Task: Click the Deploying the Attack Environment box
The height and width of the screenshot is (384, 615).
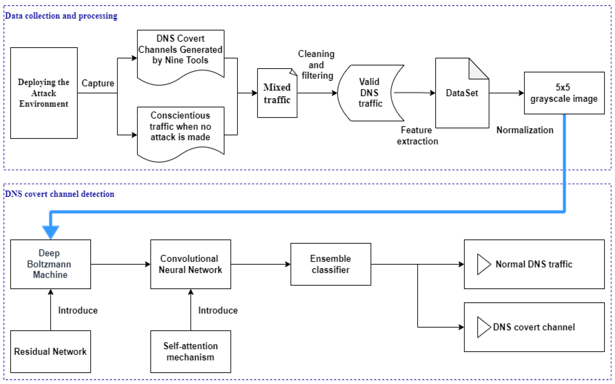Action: [44, 93]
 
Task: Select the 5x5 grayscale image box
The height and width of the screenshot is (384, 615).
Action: [564, 93]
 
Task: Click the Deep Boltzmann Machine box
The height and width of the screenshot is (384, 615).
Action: [50, 264]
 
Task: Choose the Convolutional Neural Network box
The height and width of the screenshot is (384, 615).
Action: [190, 264]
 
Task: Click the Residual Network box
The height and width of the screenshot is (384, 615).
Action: [50, 352]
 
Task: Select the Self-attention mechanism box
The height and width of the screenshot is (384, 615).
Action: [190, 352]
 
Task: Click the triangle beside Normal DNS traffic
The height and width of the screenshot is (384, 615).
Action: [483, 264]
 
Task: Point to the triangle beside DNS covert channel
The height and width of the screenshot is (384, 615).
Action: [483, 327]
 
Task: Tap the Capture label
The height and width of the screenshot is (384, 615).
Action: [98, 83]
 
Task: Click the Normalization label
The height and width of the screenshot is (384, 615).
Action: [525, 130]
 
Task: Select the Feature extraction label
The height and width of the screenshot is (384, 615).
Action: [417, 136]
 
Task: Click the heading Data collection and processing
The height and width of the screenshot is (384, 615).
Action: [61, 16]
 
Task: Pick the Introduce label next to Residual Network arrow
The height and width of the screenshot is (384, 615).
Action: [78, 310]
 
